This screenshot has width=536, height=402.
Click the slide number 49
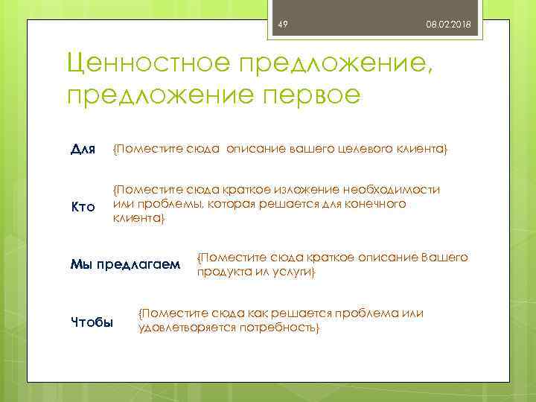click(x=283, y=25)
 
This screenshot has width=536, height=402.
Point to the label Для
click(x=82, y=150)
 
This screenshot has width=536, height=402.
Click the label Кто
click(x=83, y=206)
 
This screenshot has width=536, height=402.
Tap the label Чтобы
click(x=92, y=322)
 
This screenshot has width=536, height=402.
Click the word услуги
click(x=296, y=272)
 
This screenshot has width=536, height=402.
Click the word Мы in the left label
click(x=78, y=264)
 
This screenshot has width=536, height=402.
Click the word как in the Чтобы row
click(x=267, y=313)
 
